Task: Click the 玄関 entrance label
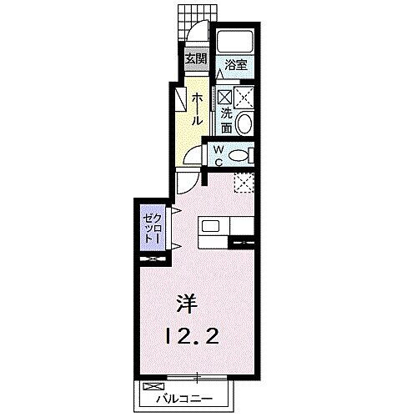coord(195,59)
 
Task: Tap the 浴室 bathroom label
coord(236,63)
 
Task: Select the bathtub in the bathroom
coord(236,43)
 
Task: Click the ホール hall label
coord(197,110)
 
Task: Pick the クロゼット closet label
coord(151,226)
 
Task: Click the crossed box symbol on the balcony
coord(153,386)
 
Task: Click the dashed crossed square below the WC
coord(243,181)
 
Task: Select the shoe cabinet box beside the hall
coord(181,98)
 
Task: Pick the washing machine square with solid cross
coord(244,98)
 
